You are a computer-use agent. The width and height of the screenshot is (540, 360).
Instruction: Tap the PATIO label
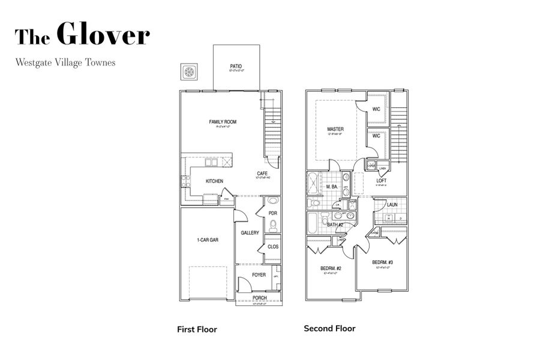click(x=236, y=67)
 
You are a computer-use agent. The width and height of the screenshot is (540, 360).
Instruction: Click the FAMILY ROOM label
click(x=223, y=122)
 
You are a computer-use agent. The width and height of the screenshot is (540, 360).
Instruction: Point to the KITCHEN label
click(x=214, y=181)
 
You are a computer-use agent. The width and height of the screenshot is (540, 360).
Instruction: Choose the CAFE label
click(x=262, y=173)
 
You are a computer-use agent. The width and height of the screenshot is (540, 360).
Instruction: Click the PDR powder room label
click(x=272, y=213)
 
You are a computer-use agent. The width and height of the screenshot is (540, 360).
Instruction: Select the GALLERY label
click(x=250, y=233)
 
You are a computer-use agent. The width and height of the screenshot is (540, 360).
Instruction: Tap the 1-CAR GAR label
click(x=208, y=240)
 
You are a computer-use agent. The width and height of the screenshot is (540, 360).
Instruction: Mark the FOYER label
click(x=259, y=275)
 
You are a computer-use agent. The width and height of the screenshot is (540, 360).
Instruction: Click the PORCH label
click(x=259, y=298)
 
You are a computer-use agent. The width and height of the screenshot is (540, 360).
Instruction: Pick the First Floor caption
click(x=197, y=329)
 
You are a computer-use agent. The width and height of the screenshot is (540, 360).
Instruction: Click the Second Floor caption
click(x=329, y=328)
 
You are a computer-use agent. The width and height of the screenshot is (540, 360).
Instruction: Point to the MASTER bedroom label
click(x=335, y=129)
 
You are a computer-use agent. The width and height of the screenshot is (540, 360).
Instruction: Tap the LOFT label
click(x=381, y=181)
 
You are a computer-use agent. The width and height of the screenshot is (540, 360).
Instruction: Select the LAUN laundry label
click(x=392, y=205)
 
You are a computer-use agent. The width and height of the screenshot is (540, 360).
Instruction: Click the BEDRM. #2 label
click(x=331, y=268)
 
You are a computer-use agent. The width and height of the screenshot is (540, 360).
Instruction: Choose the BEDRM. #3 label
click(x=382, y=263)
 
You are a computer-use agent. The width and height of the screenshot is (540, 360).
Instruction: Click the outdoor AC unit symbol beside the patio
click(x=190, y=73)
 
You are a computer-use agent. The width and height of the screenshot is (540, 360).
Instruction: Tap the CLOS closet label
click(x=272, y=247)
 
